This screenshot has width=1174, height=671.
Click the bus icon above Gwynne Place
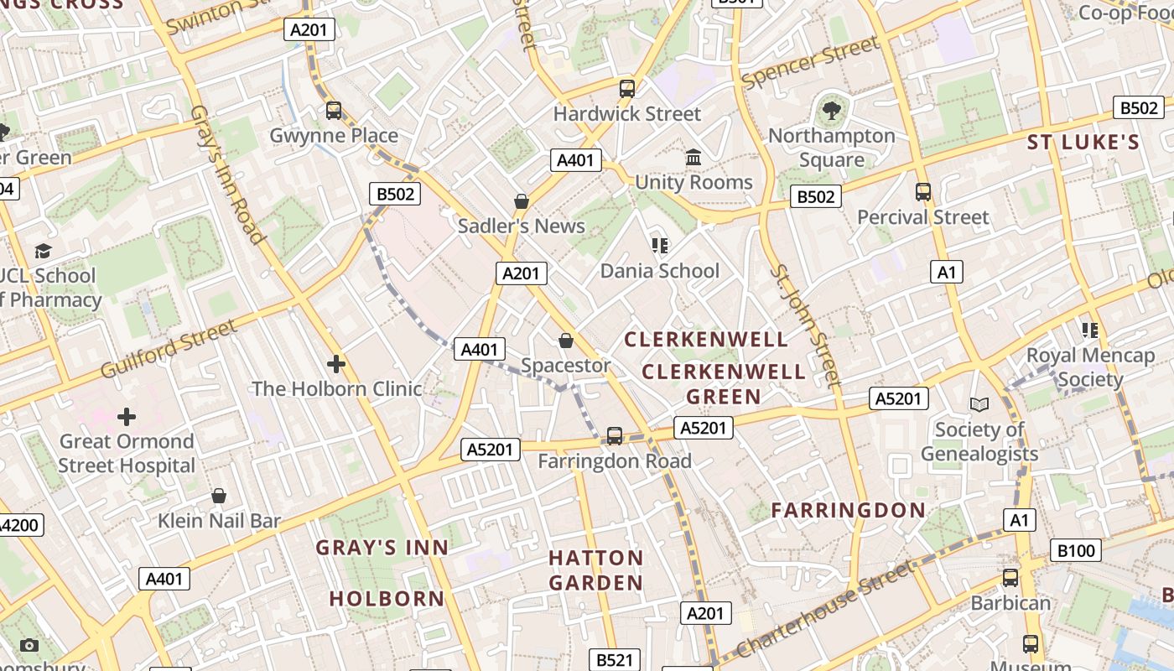pos(334,110)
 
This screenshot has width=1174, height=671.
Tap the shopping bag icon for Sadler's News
pos(522,201)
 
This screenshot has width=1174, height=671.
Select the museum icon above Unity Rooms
pos(693,158)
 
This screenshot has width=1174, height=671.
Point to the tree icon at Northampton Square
pos(831,110)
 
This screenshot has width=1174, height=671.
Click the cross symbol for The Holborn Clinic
pos(336,364)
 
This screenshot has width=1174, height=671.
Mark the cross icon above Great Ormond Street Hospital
pos(127,417)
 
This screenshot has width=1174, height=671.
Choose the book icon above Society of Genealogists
pos(979,405)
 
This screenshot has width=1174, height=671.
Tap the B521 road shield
pos(615,660)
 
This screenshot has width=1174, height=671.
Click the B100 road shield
pos(1076,550)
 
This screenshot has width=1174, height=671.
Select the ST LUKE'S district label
pos(1083,143)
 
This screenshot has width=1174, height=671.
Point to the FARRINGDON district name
pos(848,510)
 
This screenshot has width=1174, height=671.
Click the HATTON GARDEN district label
pos(595,570)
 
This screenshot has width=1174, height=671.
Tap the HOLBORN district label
pos(387,599)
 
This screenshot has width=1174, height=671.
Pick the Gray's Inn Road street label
pos(227,174)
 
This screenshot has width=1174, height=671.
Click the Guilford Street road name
pos(169,348)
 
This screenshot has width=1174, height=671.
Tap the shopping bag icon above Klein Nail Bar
pos(219,497)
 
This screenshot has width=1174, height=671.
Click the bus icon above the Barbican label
pos(1010,578)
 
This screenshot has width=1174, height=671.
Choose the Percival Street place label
pos(922,217)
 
